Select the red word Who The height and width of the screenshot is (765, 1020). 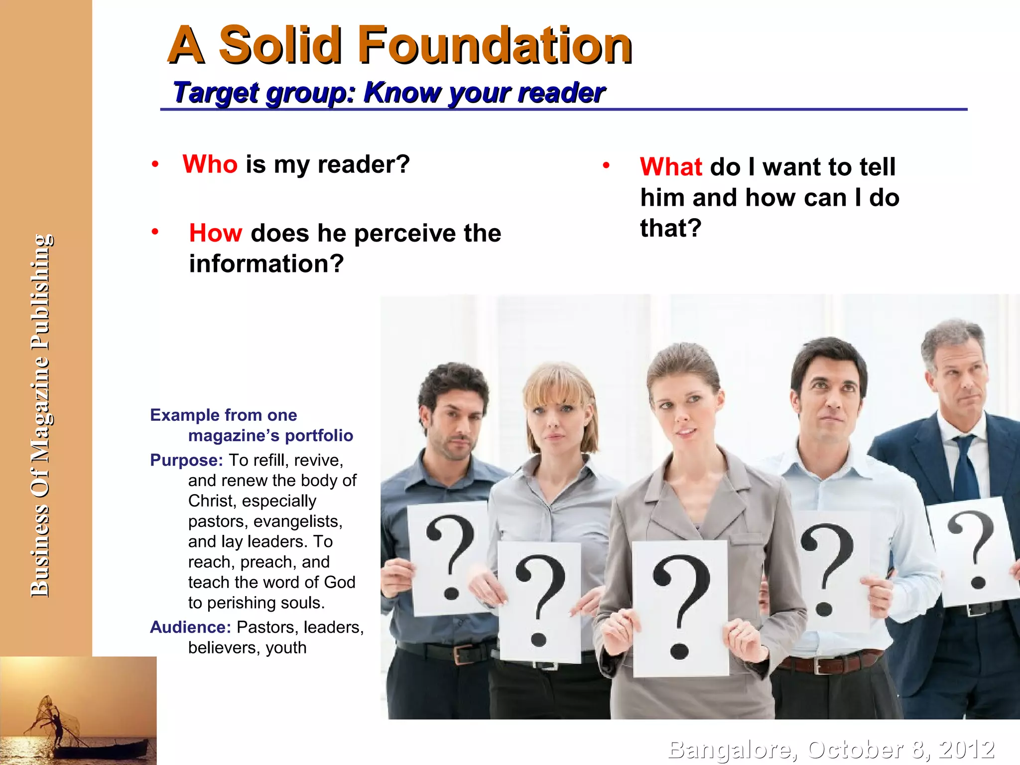(210, 164)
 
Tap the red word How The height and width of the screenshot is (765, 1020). (216, 233)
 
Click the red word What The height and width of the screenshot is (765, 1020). (671, 167)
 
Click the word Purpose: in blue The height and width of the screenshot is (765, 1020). (186, 460)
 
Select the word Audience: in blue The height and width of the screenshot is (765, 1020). (190, 627)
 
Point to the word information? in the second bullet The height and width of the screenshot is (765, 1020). (266, 264)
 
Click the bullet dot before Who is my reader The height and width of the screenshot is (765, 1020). (155, 164)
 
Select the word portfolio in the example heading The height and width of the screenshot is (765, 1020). (319, 436)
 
